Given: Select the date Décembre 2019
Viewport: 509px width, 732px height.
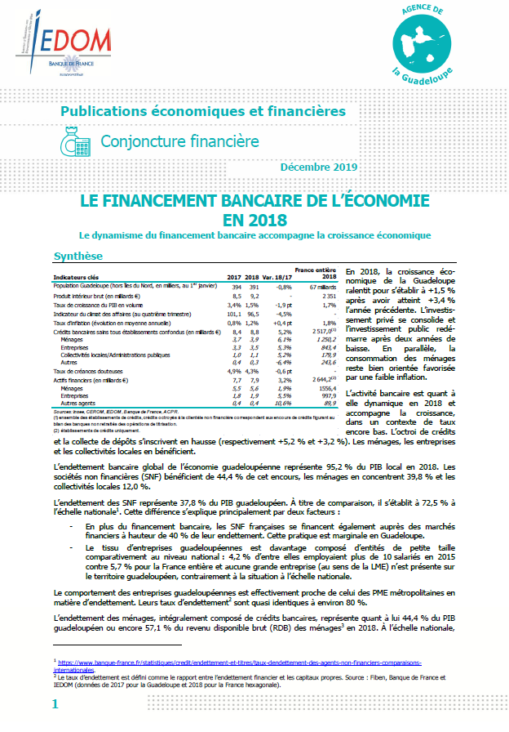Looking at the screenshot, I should pyautogui.click(x=318, y=167).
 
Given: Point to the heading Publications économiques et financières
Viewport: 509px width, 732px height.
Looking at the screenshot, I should pyautogui.click(x=204, y=110).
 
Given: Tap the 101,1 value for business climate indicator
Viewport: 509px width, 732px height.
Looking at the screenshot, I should pyautogui.click(x=233, y=314).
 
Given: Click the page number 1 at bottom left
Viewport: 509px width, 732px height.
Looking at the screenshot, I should pyautogui.click(x=55, y=703).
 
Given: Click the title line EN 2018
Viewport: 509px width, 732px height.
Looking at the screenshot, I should pyautogui.click(x=254, y=220).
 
